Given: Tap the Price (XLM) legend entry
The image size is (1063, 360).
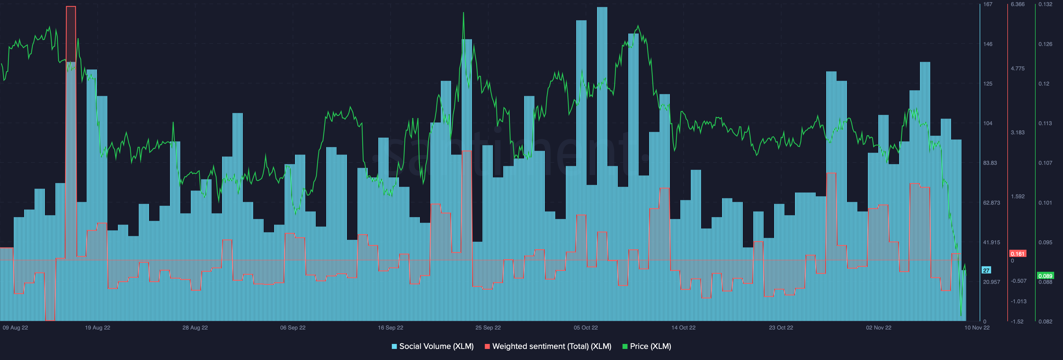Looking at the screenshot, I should pyautogui.click(x=647, y=346).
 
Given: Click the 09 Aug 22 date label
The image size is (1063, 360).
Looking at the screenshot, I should pyautogui.click(x=15, y=328).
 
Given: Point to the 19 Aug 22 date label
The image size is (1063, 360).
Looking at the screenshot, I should pyautogui.click(x=97, y=328).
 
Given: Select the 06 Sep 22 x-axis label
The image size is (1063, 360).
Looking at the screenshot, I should pyautogui.click(x=293, y=328).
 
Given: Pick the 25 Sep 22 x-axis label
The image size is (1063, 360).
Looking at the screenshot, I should pyautogui.click(x=488, y=328).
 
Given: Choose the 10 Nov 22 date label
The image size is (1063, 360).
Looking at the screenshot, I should pyautogui.click(x=977, y=328).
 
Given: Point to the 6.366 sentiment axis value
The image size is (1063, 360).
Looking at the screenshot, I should pyautogui.click(x=1018, y=4).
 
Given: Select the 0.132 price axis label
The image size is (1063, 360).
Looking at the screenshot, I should pyautogui.click(x=1045, y=4).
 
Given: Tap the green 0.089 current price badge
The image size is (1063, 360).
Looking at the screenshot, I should pyautogui.click(x=1045, y=276).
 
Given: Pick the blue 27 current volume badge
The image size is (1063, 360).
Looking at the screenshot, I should pyautogui.click(x=986, y=270).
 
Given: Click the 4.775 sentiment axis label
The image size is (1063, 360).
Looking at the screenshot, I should pyautogui.click(x=1018, y=68).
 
